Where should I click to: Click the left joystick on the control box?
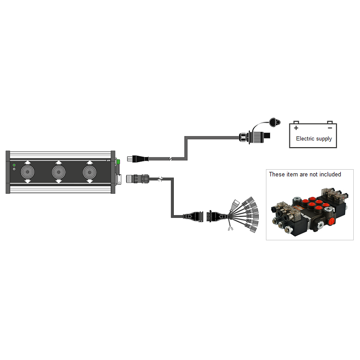[27, 172]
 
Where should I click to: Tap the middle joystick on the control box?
[59, 172]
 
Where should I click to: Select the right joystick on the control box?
[90, 172]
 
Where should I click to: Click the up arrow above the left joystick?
[27, 162]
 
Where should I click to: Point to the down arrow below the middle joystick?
[59, 181]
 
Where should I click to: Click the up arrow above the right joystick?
[90, 162]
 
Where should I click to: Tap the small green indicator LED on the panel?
[14, 166]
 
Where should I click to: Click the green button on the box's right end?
[118, 162]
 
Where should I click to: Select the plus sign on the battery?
[297, 128]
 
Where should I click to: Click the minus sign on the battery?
[329, 128]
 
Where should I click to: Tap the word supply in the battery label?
[324, 139]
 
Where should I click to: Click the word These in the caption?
[277, 174]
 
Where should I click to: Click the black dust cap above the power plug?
[273, 121]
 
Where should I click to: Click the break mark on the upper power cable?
[170, 159]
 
